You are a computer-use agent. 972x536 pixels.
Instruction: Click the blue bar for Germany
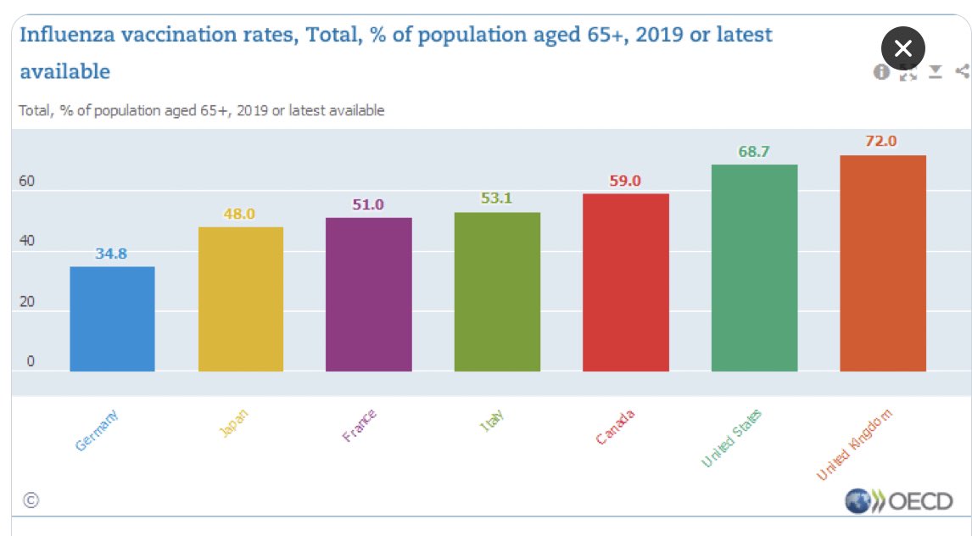[x=112, y=319]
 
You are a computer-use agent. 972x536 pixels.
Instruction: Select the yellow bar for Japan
[x=240, y=299]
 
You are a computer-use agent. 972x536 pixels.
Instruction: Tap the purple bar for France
[x=369, y=294]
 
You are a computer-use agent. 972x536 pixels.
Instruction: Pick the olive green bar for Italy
[x=497, y=292]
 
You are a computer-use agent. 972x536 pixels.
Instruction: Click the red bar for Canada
[x=626, y=282]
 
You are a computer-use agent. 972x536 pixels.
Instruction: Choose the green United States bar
[x=754, y=268]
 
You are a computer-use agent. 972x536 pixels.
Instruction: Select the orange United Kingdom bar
[x=882, y=263]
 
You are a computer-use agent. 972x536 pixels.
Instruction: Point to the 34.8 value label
[x=111, y=253]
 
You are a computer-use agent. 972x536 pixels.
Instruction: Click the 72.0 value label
[x=881, y=141]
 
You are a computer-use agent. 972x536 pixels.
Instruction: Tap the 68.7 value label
[x=754, y=151]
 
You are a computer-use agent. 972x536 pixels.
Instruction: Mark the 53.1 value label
[x=497, y=198]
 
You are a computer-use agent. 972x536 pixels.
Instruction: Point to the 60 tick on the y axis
[x=28, y=181]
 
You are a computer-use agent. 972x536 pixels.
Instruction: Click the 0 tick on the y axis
[x=31, y=361]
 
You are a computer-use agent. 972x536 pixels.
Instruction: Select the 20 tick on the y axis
[x=28, y=301]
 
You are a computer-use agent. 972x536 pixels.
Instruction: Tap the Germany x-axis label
[x=98, y=429]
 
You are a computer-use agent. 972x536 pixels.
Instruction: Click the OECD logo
[x=899, y=501]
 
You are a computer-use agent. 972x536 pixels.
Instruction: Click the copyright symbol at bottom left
[x=31, y=500]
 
